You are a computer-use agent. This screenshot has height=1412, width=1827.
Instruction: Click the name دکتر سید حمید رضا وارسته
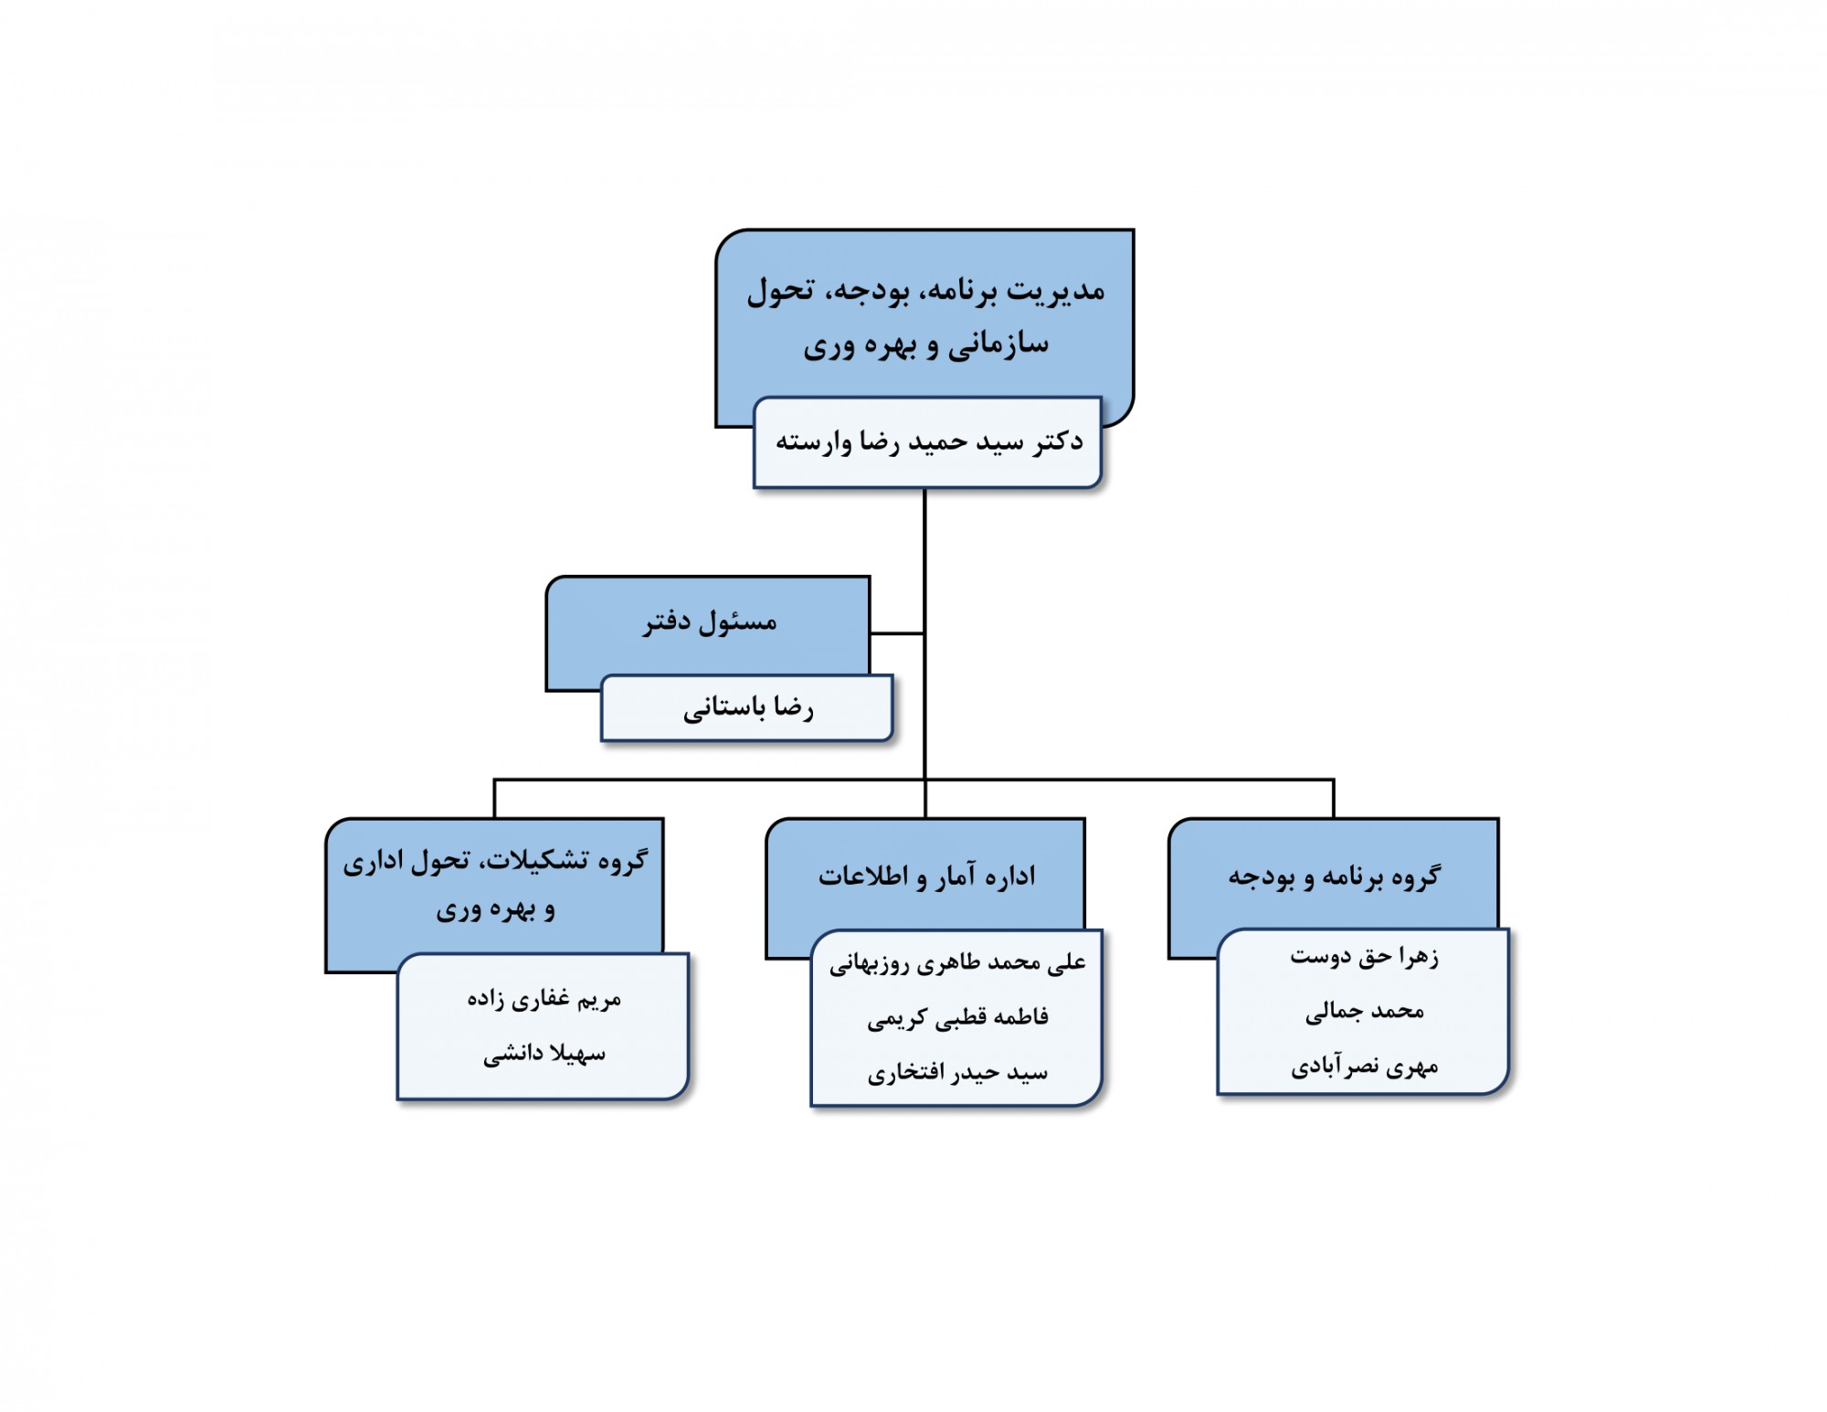click(929, 441)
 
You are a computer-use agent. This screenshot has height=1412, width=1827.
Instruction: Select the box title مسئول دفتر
click(710, 622)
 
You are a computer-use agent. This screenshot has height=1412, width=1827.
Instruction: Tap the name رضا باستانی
click(748, 708)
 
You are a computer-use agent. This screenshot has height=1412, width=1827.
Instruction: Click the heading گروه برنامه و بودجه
click(1334, 876)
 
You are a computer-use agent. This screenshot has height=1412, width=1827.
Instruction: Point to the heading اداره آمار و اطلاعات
click(926, 876)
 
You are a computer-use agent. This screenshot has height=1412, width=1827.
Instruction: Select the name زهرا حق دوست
click(1364, 957)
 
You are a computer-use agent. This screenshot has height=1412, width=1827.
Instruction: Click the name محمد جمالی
click(1364, 1011)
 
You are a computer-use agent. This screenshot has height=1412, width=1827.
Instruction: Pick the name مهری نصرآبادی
click(1364, 1067)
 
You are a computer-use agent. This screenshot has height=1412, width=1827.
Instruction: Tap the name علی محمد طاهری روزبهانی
click(957, 962)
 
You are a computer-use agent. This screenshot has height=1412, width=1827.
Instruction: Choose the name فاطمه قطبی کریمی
click(957, 1017)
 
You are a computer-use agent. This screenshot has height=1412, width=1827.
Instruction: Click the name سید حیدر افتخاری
click(957, 1072)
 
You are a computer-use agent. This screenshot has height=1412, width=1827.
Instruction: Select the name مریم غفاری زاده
click(544, 999)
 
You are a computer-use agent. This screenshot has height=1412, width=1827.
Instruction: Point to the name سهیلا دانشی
click(544, 1054)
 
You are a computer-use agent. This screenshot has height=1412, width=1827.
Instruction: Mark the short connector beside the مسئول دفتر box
click(897, 632)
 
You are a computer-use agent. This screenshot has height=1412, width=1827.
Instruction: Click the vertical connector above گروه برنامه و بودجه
click(1334, 799)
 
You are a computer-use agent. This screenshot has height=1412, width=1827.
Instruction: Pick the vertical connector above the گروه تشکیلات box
click(494, 799)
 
